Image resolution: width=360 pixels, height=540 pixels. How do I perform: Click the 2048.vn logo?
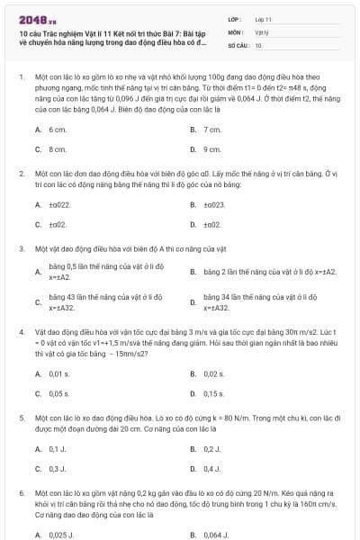tap(35, 17)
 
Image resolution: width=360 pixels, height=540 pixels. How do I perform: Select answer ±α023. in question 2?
tap(214, 204)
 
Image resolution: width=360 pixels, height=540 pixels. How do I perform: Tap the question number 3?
tap(21, 247)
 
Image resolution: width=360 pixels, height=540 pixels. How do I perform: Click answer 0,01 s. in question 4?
tap(59, 373)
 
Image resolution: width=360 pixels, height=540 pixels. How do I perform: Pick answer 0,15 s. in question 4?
tap(214, 393)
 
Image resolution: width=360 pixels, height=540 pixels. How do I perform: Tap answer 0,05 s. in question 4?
tap(59, 393)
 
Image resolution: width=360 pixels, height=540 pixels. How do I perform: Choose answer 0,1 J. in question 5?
tap(58, 448)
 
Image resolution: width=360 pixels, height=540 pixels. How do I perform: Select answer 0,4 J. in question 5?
tap(212, 468)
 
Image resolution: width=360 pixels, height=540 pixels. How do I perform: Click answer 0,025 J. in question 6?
tap(62, 534)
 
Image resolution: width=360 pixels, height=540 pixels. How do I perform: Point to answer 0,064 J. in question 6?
tap(217, 534)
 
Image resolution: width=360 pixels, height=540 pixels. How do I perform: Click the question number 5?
tap(21, 418)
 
